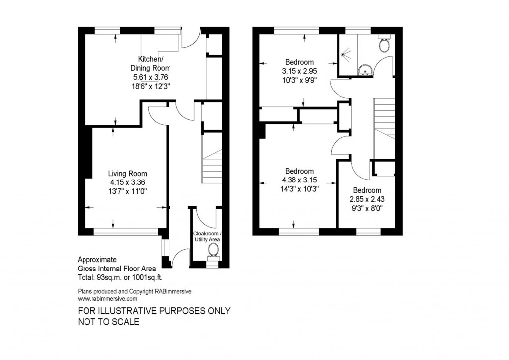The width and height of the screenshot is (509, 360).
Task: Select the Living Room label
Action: [128, 174]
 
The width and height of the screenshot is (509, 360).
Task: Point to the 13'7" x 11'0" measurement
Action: [128, 190]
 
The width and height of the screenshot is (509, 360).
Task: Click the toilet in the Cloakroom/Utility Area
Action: [212, 257]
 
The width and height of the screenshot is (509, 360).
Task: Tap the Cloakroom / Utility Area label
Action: [207, 237]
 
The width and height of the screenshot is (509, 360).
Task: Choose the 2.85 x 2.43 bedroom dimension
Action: [367, 199]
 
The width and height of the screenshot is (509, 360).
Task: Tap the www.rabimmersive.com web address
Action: [107, 299]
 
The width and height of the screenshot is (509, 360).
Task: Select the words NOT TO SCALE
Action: [109, 322]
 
